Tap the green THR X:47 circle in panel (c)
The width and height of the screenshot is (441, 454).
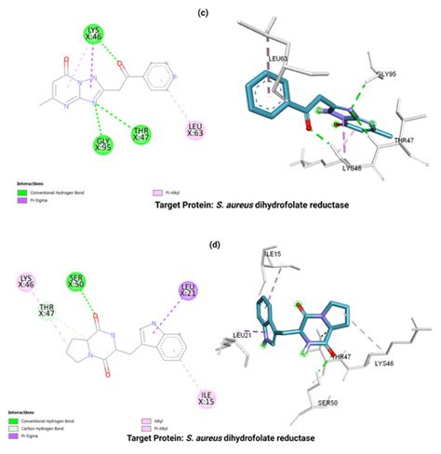142,133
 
